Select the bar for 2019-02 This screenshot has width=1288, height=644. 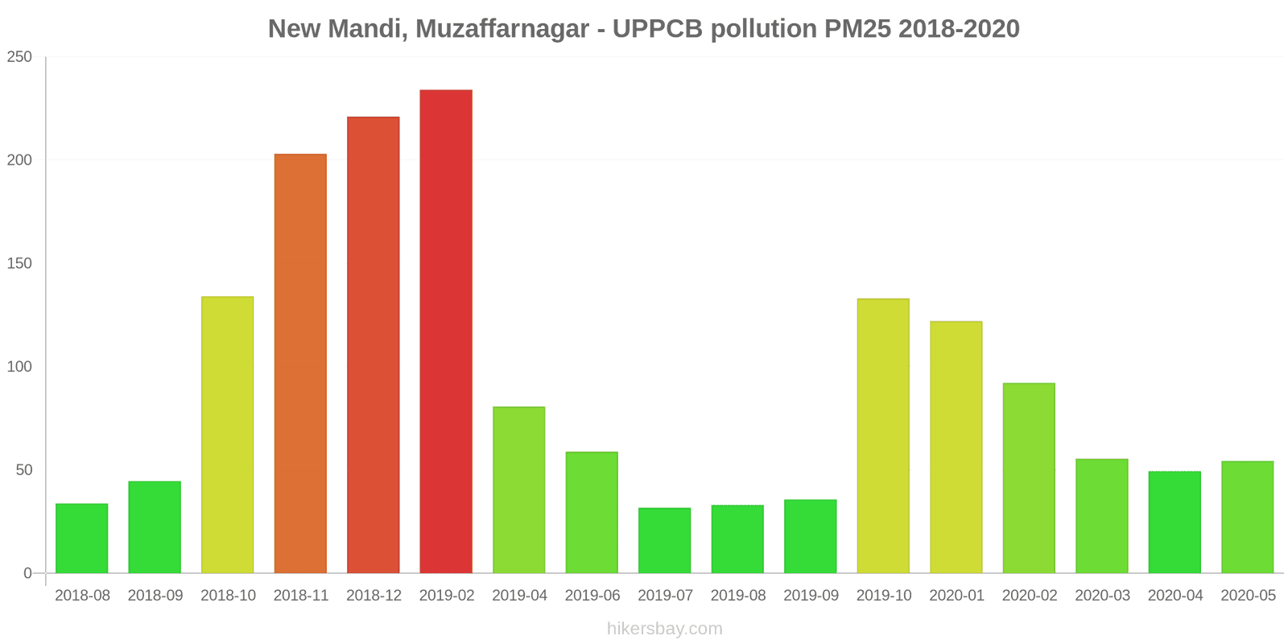coord(446,332)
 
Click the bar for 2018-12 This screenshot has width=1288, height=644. coord(373,345)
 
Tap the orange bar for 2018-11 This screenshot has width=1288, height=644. coord(300,363)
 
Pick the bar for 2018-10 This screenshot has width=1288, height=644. coord(227,435)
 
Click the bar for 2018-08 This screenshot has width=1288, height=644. coord(81,539)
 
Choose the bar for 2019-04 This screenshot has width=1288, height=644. coord(518,489)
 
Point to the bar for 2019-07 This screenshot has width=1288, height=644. coord(664,540)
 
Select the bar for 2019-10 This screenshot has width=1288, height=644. coord(883,436)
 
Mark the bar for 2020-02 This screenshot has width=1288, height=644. coord(1029,478)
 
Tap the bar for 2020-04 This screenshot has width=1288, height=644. coord(1174,522)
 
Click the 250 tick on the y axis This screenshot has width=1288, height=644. coord(19,56)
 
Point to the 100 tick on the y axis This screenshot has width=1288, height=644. coord(19,366)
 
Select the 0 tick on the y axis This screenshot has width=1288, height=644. coord(27,573)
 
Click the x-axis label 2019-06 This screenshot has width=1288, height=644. coord(592,596)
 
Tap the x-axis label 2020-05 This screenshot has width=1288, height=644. coord(1248,596)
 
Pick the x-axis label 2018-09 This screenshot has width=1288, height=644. coord(155,596)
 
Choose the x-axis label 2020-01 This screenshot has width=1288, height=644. coord(956,596)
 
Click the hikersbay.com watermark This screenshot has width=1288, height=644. coord(664,629)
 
